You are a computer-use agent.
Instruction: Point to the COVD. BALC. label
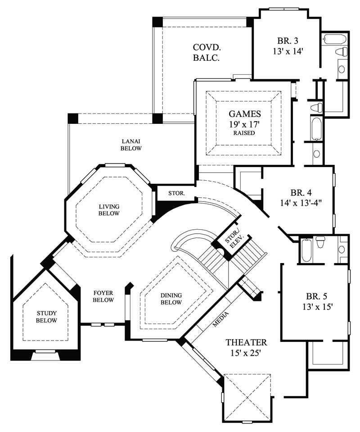pos(206,52)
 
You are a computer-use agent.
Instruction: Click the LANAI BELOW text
pos(131,145)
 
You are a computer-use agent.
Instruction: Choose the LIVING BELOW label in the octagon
pos(109,210)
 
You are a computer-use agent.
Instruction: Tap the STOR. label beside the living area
pos(175,194)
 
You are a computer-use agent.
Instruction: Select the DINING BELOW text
pos(171,299)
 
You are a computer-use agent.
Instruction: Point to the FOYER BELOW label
pos(103,296)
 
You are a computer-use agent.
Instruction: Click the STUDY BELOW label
pos(47,317)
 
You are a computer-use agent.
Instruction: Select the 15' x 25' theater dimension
pos(246,354)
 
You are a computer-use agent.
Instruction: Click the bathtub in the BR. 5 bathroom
pos(306,250)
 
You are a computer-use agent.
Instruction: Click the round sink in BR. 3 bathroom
pos(342,69)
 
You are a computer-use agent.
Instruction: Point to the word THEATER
pos(246,343)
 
